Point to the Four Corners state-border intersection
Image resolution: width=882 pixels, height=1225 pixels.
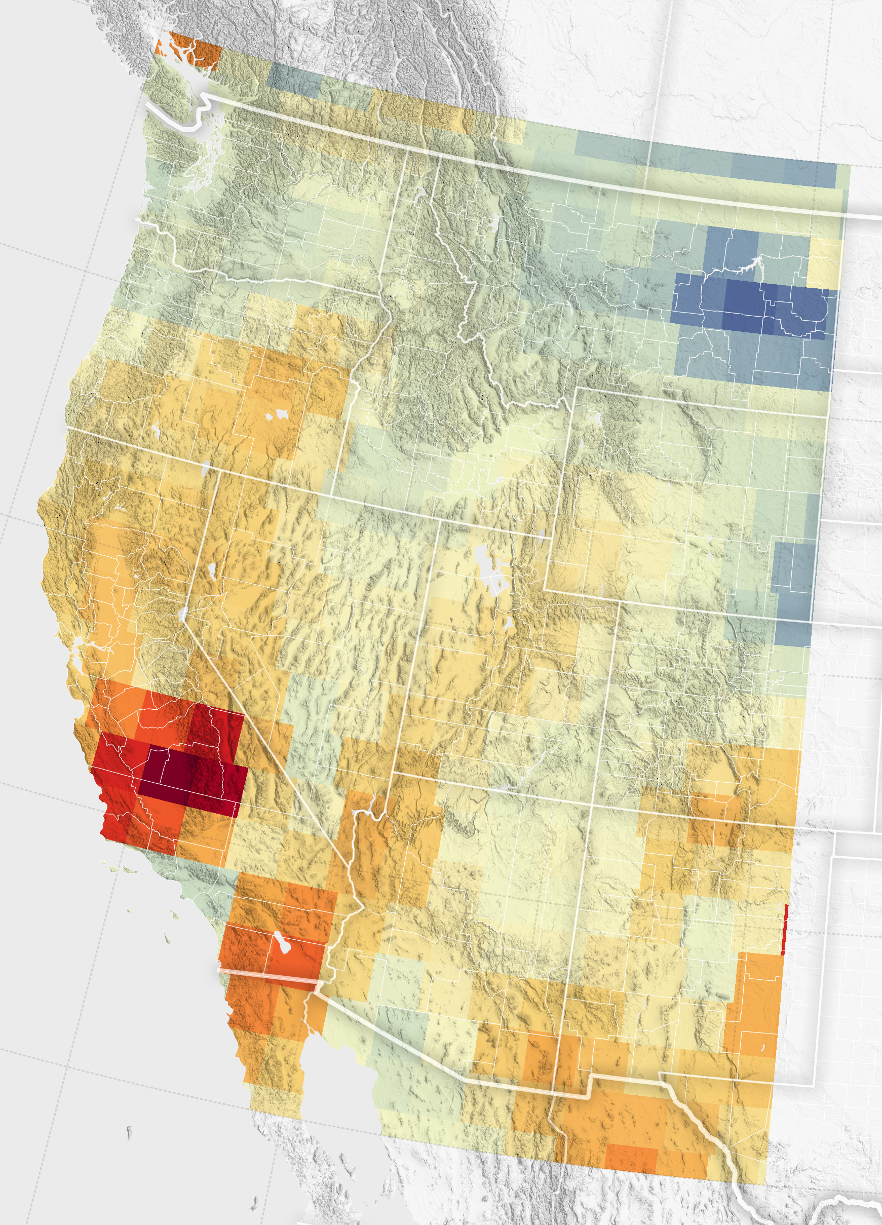click(593, 806)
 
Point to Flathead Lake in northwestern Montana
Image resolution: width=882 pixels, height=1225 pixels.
click(495, 222)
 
